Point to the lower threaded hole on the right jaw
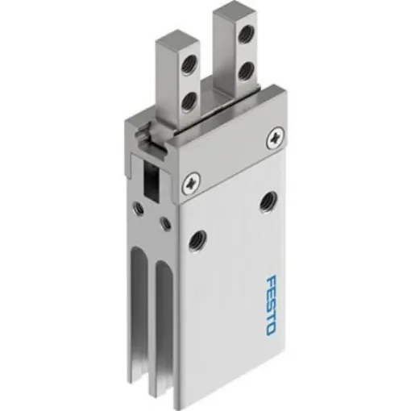247,67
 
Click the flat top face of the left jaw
173,38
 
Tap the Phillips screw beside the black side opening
191,183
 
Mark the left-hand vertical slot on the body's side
143,306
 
